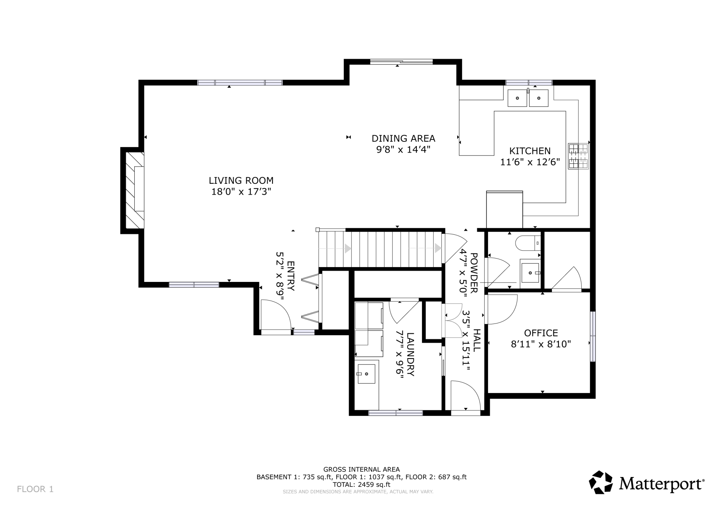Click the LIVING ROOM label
click(241, 180)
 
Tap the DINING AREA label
click(403, 138)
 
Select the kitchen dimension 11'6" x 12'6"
click(530, 162)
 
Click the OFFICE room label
click(541, 333)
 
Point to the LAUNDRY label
click(411, 354)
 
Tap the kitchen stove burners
click(578, 156)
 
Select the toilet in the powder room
click(528, 243)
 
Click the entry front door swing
click(276, 315)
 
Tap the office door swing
click(501, 309)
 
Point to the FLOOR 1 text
click(35, 489)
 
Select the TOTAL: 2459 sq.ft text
click(361, 485)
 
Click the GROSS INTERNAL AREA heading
click(361, 469)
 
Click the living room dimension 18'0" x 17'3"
click(241, 192)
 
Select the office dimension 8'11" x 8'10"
click(541, 344)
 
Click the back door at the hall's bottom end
click(465, 396)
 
